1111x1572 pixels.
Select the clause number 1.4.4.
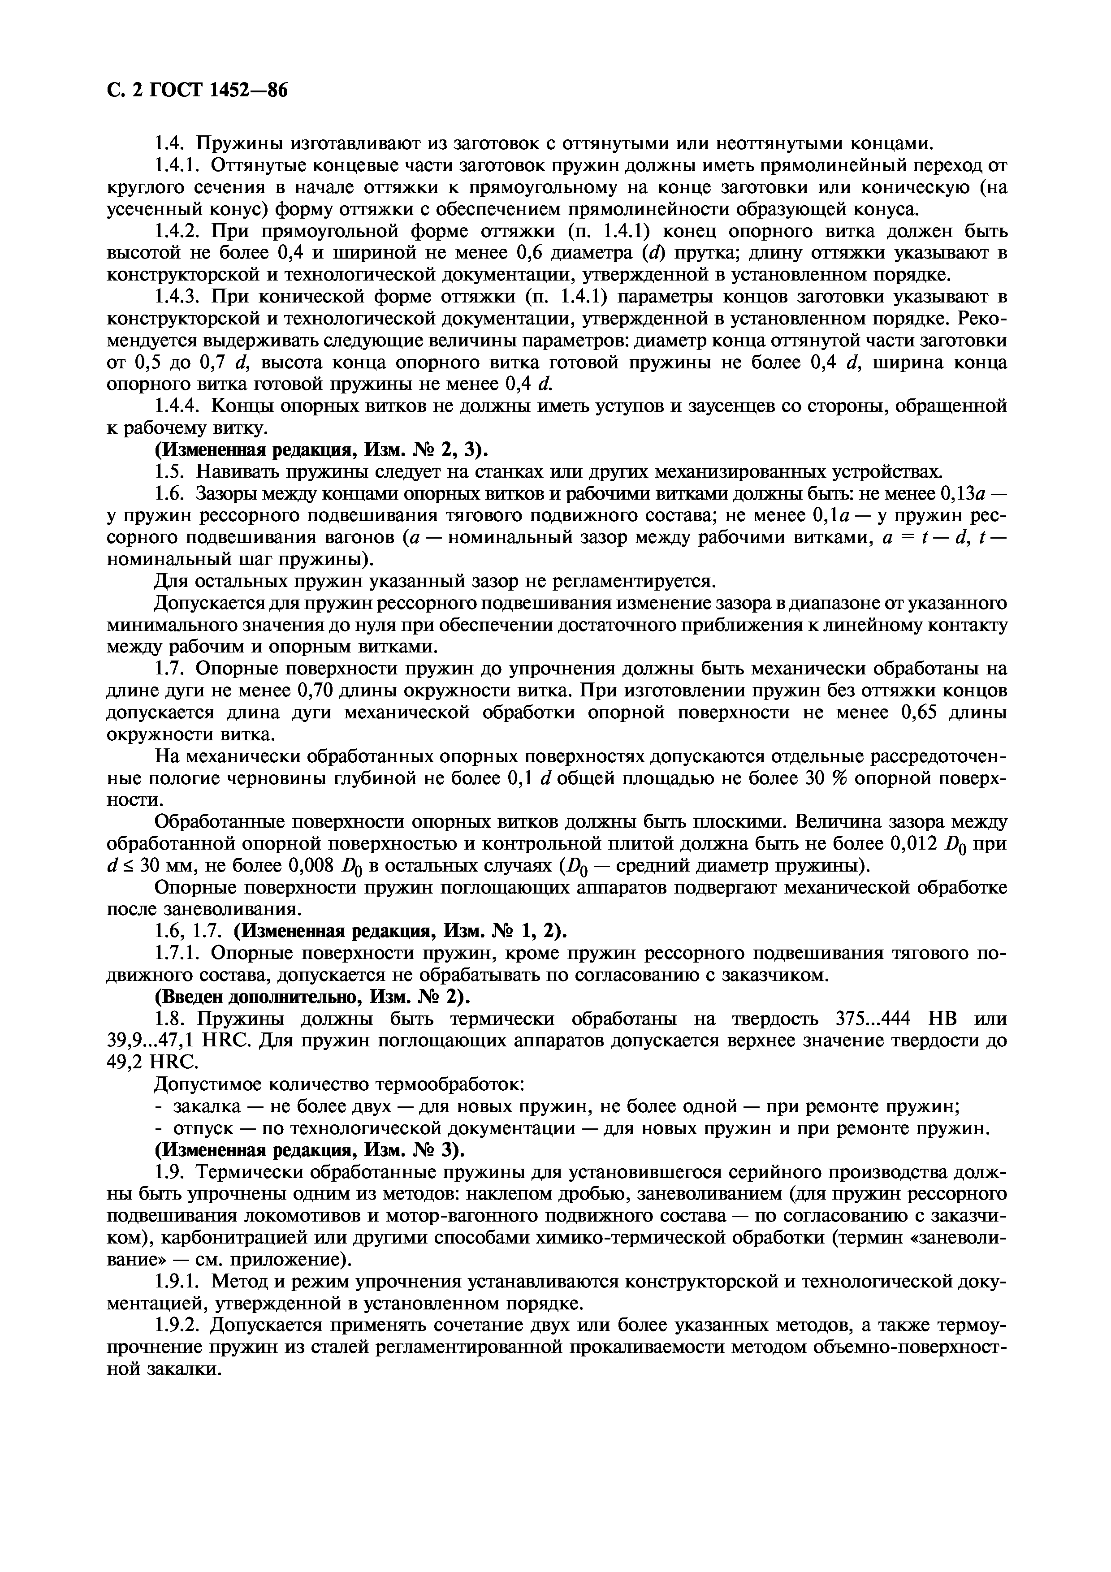click(x=179, y=406)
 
